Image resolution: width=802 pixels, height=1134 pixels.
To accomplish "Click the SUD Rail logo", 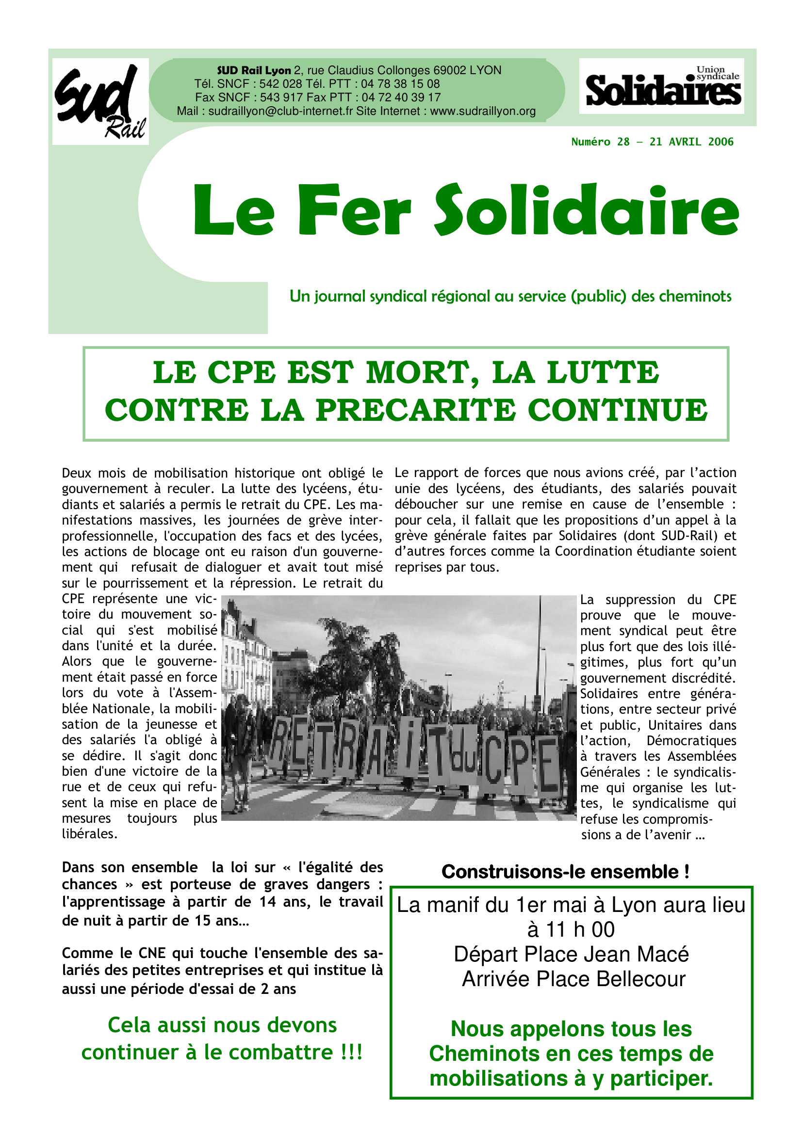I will click(x=100, y=101).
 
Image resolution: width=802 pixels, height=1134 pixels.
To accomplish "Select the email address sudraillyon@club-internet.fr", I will click(x=280, y=111).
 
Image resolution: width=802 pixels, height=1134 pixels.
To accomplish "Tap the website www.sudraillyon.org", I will click(x=483, y=111).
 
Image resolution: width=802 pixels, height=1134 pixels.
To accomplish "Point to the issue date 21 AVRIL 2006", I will click(x=691, y=142).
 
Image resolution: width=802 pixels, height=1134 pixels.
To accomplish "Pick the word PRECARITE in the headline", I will click(x=415, y=410).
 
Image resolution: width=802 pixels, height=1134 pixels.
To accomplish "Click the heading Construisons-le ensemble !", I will click(x=565, y=872).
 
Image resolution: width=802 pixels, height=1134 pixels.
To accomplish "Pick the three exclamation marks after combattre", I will click(x=351, y=1052).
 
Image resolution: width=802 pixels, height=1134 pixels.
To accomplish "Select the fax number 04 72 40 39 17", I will click(x=401, y=97).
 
